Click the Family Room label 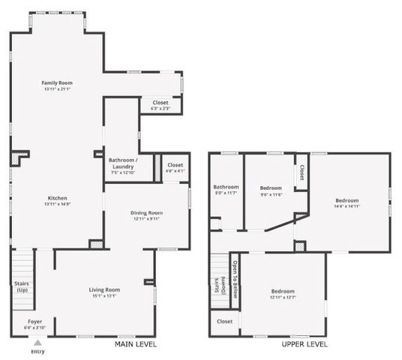pos(57,82)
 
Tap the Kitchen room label pos(57,198)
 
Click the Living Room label pos(105,289)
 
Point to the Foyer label pos(34,321)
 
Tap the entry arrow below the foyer pos(37,342)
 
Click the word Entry pos(37,351)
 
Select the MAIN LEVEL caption pos(136,344)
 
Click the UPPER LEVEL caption pos(304,344)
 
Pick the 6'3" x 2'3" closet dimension pos(160,109)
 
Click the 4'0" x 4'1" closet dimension pos(175,171)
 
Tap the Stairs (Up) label pos(22,286)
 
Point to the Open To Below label pos(235,279)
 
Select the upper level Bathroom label pos(226,187)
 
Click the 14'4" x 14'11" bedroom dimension pos(346,207)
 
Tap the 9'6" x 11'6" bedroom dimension pos(271,194)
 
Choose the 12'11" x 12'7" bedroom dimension pos(283,297)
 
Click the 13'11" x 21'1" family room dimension pos(57,89)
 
